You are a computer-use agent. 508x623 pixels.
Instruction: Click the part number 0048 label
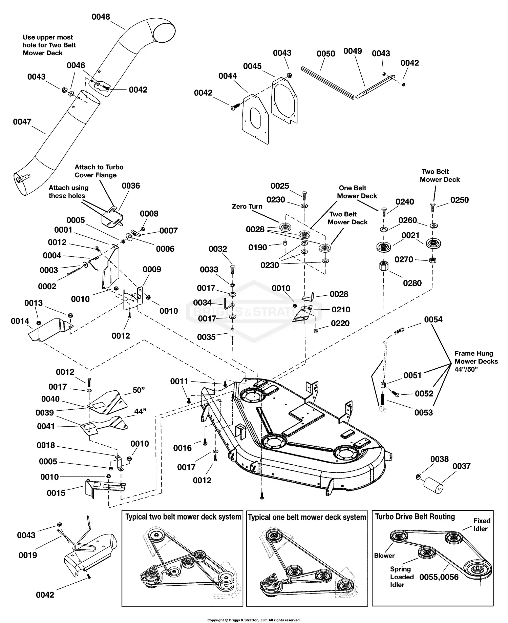coord(101,17)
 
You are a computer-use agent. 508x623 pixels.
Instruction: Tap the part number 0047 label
coord(22,121)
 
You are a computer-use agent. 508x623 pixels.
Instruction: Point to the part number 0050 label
coord(325,54)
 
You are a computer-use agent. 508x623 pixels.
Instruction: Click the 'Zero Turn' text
coord(247,206)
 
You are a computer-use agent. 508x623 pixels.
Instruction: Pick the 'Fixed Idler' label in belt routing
coord(481,525)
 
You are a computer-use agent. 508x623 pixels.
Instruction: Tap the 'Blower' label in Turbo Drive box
coord(384,556)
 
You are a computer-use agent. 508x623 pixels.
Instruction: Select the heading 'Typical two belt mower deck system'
coord(183,517)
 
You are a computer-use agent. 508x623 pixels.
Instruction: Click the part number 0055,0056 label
coord(439,577)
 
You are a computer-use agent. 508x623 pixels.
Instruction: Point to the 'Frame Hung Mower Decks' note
coord(476,362)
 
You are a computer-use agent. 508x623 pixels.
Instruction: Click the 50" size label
coord(139,390)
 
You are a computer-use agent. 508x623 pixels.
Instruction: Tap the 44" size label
coord(140,411)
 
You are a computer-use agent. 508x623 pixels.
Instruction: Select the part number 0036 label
coord(131,186)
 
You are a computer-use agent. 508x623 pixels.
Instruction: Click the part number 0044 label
coord(227,76)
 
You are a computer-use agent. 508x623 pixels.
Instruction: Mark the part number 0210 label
coord(341,309)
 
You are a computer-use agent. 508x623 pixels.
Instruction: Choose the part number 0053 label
coord(423,412)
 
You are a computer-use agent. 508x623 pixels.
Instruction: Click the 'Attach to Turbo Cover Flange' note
coord(99,171)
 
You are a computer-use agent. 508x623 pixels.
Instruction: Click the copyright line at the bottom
coord(254,620)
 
